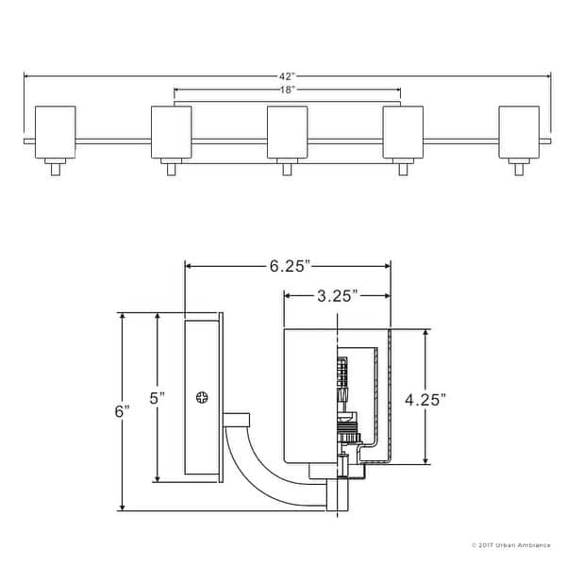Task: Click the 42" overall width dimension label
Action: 287,75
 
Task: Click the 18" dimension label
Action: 288,89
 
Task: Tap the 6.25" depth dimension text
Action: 288,267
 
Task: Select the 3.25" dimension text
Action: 336,295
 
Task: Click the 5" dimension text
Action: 158,398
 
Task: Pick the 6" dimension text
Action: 121,412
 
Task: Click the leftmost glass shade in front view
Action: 55,132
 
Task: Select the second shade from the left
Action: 171,132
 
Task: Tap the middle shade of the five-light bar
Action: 287,132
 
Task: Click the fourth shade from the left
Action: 403,132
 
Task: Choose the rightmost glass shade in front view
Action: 519,132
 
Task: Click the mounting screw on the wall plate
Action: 203,399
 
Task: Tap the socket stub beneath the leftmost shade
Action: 55,169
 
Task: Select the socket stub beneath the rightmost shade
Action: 519,169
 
